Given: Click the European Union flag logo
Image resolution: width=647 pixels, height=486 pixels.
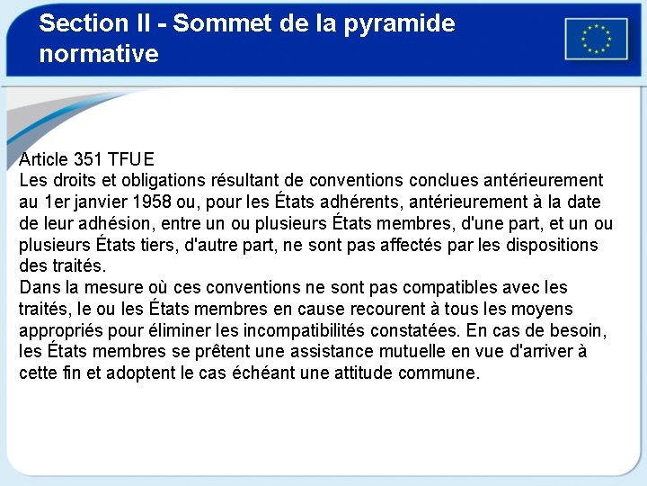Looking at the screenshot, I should tap(596, 39).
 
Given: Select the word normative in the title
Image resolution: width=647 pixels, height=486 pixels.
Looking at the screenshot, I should tap(99, 54).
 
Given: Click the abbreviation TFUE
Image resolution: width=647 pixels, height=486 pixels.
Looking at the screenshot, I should tap(131, 160).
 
